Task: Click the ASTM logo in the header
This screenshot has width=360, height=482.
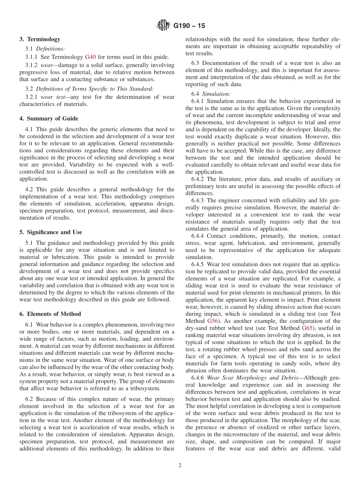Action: [163, 26]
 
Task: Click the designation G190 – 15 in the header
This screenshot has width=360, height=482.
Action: [189, 26]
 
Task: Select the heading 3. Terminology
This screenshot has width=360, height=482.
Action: [40, 39]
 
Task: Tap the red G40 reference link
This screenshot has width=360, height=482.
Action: [90, 57]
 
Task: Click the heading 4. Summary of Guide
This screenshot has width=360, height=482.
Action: [49, 119]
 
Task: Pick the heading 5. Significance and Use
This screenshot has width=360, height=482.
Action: [51, 232]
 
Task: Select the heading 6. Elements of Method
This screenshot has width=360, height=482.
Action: [50, 314]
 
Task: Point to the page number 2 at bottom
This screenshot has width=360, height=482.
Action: [180, 466]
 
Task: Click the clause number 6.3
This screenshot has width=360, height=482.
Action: [196, 63]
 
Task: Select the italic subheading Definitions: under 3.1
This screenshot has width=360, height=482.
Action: [50, 49]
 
